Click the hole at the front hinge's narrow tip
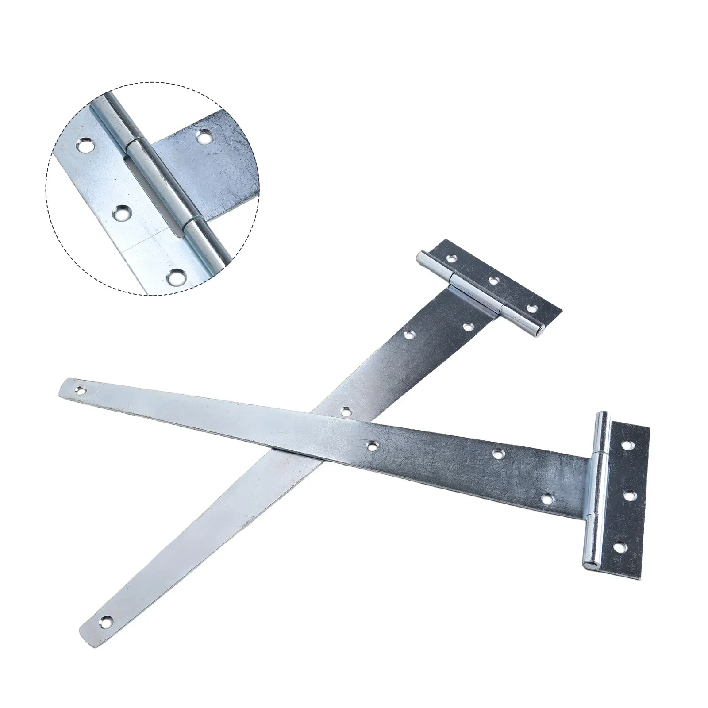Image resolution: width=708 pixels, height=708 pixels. point(81,390)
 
